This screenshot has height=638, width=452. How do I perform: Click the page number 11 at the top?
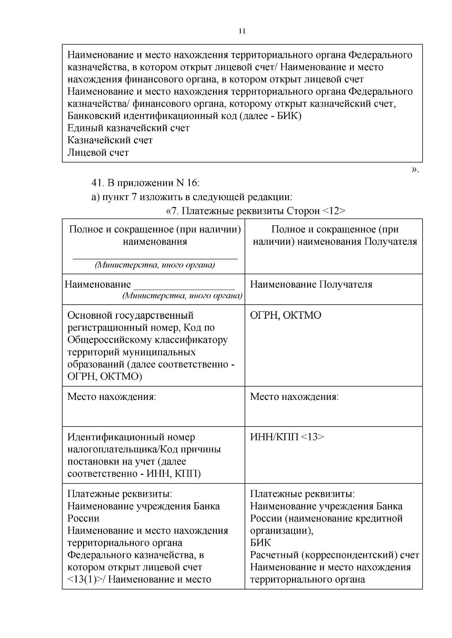tap(242, 31)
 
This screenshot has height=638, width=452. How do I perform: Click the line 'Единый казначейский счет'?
tap(128, 128)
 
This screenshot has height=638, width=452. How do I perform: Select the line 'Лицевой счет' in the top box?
tap(98, 153)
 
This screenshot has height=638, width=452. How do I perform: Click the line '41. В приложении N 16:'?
tap(145, 183)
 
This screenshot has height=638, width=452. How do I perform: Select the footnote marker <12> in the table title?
tap(334, 211)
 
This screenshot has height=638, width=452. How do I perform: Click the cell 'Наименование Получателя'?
tap(311, 284)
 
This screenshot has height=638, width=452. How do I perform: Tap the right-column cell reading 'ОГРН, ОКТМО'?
tap(286, 315)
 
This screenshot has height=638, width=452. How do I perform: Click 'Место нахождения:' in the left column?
tap(111, 397)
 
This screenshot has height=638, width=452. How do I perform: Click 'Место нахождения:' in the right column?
tap(294, 397)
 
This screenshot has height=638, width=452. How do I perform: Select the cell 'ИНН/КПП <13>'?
tap(287, 437)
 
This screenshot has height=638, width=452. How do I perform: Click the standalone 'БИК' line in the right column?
tap(260, 543)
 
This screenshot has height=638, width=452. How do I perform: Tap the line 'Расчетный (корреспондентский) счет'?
tap(334, 555)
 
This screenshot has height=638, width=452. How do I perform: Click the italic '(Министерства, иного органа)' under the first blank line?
tap(155, 265)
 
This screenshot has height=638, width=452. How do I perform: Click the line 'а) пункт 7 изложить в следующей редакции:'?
tap(192, 197)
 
